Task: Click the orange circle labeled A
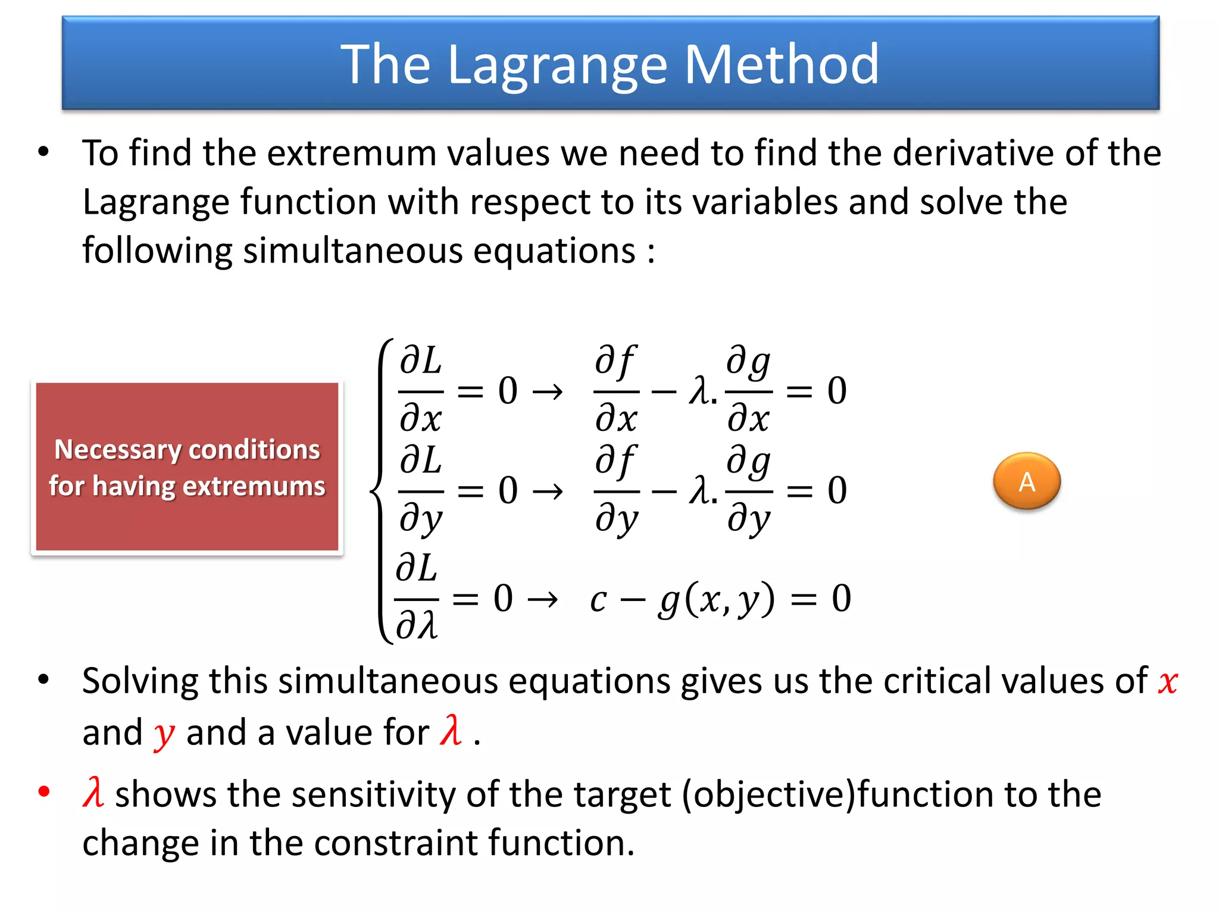pos(1026,481)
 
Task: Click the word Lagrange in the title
pos(557,65)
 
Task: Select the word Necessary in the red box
pos(117,450)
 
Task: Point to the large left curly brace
pos(381,492)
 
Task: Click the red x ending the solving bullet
pos(1168,682)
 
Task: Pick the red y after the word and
pos(164,734)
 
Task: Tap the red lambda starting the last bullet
pos(93,793)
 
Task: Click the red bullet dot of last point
pos(43,791)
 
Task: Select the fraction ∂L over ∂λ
pos(417,597)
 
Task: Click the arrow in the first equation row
pos(547,392)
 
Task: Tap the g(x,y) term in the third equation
pos(716,599)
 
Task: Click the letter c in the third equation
pos(598,600)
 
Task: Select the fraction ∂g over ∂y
pos(749,490)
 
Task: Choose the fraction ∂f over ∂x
pos(616,390)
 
